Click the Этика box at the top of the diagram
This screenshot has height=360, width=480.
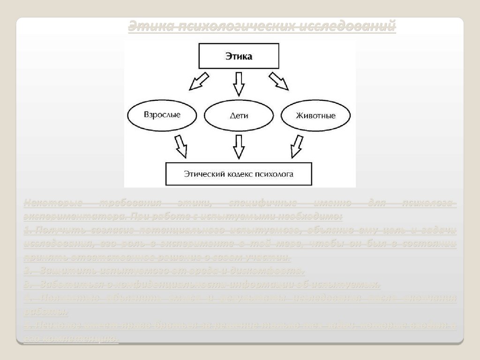[x=239, y=57]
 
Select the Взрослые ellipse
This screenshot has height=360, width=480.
[x=162, y=114]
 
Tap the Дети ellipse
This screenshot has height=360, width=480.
[x=239, y=115]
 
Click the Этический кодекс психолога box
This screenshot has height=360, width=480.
[x=239, y=173]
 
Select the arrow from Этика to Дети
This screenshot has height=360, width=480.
[x=239, y=82]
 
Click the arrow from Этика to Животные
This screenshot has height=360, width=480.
[x=279, y=81]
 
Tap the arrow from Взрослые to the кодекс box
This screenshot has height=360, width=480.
[x=181, y=146]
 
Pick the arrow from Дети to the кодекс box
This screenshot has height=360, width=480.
[x=239, y=146]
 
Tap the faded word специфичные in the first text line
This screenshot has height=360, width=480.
[x=262, y=203]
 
